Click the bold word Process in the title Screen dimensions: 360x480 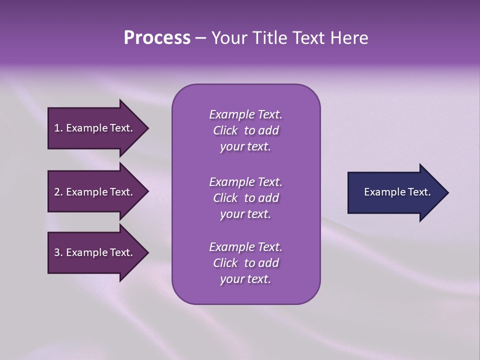(157, 38)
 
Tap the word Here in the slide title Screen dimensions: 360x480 (348, 38)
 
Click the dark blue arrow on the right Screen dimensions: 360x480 (395, 192)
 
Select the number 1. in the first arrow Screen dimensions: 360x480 (58, 128)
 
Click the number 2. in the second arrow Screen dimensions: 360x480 (58, 192)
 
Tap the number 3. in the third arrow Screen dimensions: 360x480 (58, 252)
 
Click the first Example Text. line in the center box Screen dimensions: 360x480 (245, 114)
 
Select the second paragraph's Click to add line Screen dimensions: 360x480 (245, 198)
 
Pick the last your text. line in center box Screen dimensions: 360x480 (245, 279)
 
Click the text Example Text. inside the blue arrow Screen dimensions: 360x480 (397, 192)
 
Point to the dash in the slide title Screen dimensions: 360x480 (200, 38)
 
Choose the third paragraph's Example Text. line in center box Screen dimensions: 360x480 (245, 247)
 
